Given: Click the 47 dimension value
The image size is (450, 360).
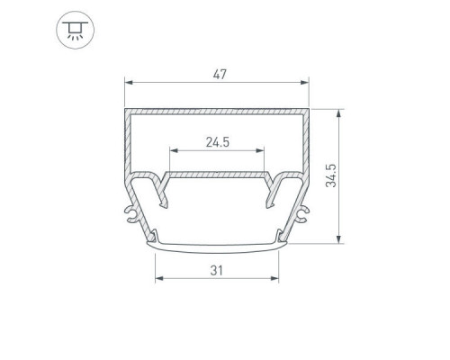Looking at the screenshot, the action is tap(220, 75).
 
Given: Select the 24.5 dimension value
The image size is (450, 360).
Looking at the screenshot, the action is tap(218, 142).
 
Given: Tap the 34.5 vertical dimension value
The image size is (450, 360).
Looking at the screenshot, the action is tap(331, 175).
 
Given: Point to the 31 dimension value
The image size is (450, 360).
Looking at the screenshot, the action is tap(217, 271).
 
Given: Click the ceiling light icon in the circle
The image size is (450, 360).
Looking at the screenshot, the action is tap(75, 30).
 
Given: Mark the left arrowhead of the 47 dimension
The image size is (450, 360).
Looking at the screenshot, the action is tap(129, 82).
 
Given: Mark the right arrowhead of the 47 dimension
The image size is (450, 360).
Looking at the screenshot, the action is tap(304, 82).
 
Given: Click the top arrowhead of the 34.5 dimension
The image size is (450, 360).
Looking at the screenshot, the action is tap(338, 113).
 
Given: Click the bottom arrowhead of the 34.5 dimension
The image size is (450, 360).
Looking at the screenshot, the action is tap(338, 239).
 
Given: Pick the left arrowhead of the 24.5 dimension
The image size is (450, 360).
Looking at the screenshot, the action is tap(174, 150).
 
